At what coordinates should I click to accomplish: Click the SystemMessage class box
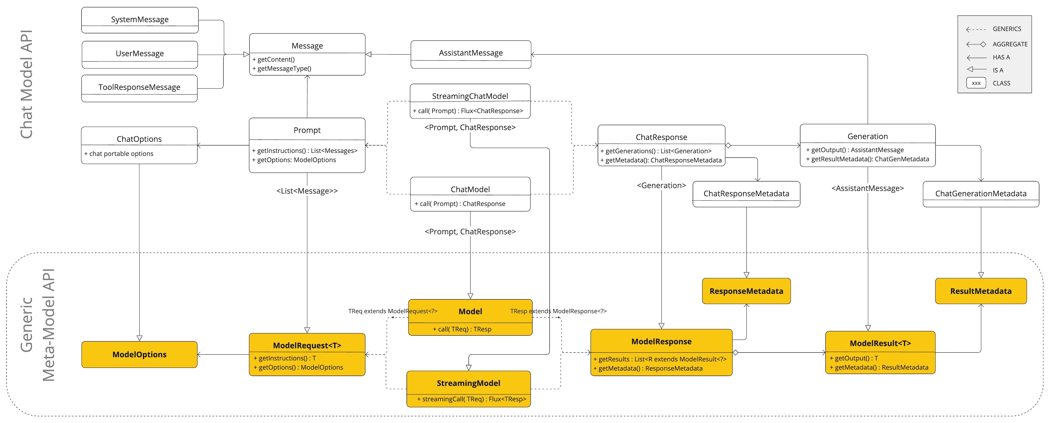(x=140, y=20)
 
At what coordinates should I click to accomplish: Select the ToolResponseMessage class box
(x=139, y=87)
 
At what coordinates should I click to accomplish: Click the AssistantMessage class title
(x=471, y=53)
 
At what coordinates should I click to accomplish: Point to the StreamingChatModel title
(x=470, y=96)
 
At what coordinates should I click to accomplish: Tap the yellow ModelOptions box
(x=139, y=354)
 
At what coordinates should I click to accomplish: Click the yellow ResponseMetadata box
(x=746, y=291)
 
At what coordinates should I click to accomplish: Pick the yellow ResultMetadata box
(x=980, y=291)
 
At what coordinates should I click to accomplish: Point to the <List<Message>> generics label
(x=307, y=191)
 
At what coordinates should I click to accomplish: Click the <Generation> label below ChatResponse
(x=661, y=185)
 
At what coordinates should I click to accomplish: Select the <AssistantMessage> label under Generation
(x=867, y=188)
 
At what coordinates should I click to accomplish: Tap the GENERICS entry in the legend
(x=1007, y=29)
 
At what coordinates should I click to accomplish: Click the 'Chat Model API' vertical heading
(x=27, y=84)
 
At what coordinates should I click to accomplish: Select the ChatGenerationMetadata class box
(x=980, y=193)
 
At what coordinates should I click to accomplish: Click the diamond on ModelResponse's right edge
(x=735, y=352)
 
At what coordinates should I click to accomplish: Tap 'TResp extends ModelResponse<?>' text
(x=558, y=311)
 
